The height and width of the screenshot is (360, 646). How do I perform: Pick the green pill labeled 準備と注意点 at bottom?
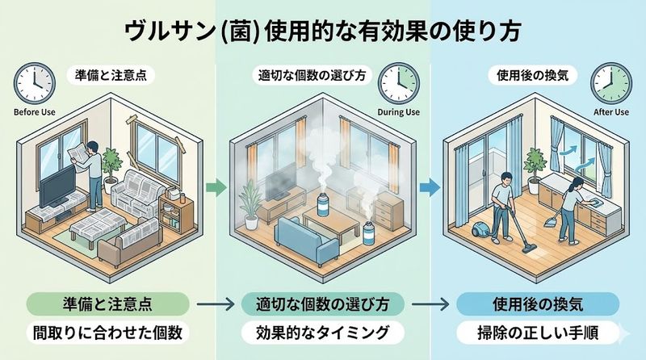coord(112,304)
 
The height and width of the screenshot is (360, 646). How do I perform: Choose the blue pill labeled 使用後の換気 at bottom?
coord(537,304)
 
